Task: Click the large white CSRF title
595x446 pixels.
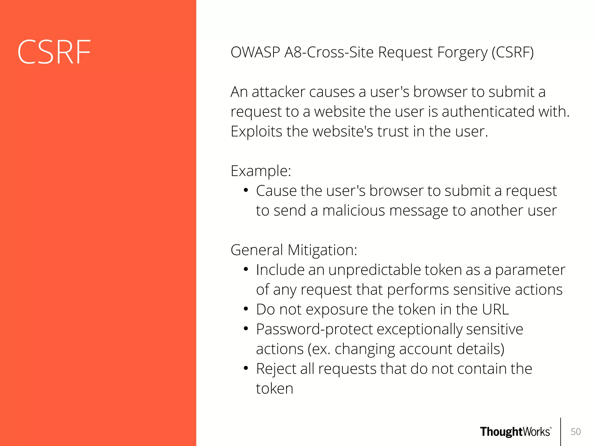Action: tap(54, 52)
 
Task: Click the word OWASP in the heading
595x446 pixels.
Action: tap(255, 53)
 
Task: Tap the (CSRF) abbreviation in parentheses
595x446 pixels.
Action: tap(512, 53)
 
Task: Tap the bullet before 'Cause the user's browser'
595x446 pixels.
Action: tap(246, 191)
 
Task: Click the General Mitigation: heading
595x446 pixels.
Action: tap(294, 250)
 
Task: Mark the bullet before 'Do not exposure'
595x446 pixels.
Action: tap(246, 309)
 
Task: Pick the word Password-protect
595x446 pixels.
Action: tap(314, 329)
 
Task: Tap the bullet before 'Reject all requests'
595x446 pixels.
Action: tap(246, 368)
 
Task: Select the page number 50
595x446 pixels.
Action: tap(576, 432)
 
